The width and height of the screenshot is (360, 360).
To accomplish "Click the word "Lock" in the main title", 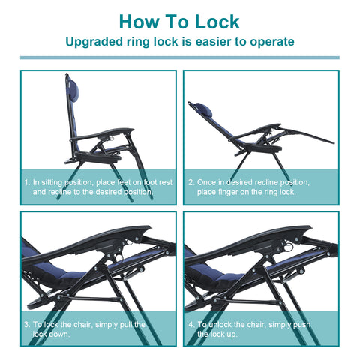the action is click(217, 22).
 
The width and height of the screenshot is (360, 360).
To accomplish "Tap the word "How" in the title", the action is click(139, 22).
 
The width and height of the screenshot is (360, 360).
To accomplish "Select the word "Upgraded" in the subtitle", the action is click(94, 42).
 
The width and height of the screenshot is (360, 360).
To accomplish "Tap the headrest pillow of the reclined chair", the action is click(204, 109).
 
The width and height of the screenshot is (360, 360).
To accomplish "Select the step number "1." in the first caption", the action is click(27, 182).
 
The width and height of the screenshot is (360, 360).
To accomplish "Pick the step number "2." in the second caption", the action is click(191, 182).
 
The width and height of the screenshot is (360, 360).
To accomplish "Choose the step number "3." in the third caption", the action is click(27, 325).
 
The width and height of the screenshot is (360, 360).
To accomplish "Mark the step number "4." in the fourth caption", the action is click(191, 325).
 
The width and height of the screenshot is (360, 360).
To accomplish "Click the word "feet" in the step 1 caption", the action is click(124, 182).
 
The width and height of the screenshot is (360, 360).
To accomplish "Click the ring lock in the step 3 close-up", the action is click(119, 258).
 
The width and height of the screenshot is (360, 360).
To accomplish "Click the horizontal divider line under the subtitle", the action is click(180, 58).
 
